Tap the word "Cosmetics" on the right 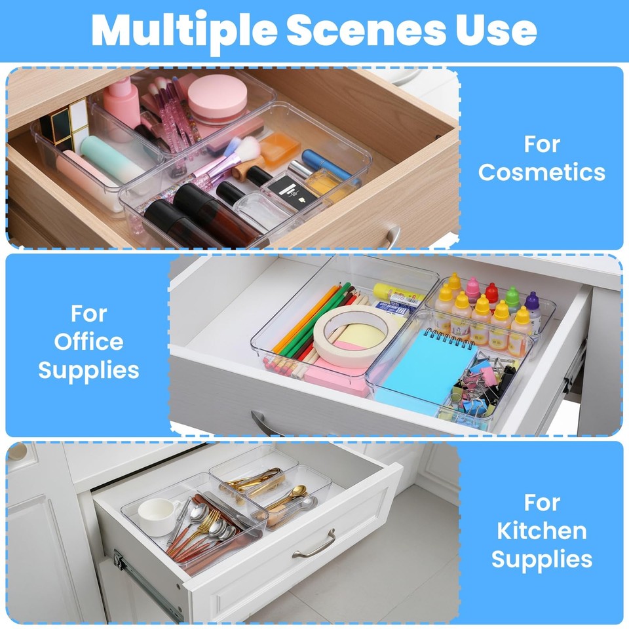click(x=541, y=172)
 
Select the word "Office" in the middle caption click(x=88, y=341)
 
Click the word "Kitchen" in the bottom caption click(x=541, y=530)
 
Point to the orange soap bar click(x=280, y=149)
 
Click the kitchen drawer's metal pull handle click(x=314, y=545)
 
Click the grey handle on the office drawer click(x=265, y=425)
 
